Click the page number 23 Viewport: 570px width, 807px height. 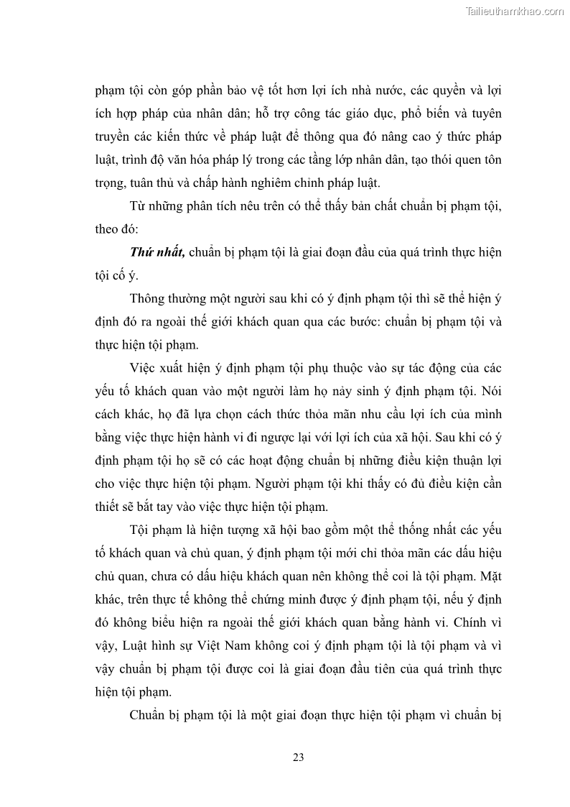[x=299, y=757]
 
